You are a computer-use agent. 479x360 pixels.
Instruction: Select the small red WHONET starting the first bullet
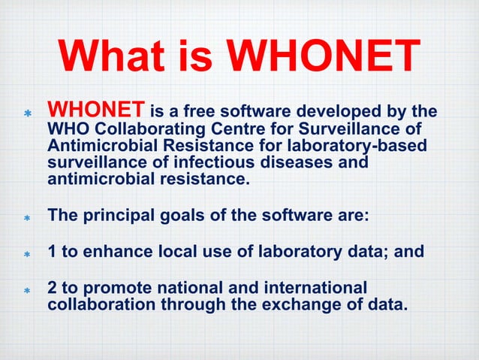tap(97, 113)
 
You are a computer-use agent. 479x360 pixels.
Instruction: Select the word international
tap(315, 289)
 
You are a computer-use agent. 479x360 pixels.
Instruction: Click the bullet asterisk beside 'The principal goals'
tap(26, 218)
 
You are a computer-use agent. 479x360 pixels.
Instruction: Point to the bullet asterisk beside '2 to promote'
tap(26, 290)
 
